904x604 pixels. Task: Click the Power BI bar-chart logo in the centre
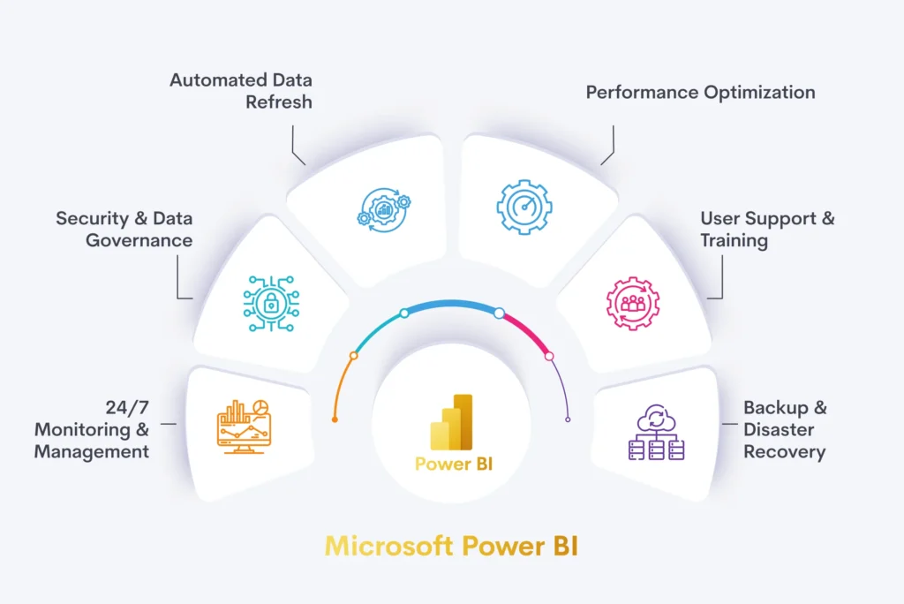(451, 422)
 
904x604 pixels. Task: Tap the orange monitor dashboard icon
(244, 427)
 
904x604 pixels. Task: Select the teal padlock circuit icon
(271, 304)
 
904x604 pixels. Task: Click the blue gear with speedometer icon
(524, 208)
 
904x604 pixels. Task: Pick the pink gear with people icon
(632, 304)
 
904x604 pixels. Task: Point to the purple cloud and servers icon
(656, 432)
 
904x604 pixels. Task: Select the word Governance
(139, 240)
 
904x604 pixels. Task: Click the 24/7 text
(127, 408)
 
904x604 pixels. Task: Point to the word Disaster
(779, 430)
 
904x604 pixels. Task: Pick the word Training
(734, 241)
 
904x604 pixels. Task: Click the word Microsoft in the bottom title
(389, 547)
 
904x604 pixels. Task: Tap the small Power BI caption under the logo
(454, 464)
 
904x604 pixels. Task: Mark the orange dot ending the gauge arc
(335, 419)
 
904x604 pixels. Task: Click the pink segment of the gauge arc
(525, 332)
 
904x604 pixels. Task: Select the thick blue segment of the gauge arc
(452, 305)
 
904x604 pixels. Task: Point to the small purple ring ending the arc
(568, 419)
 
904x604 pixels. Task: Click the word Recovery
(785, 452)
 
